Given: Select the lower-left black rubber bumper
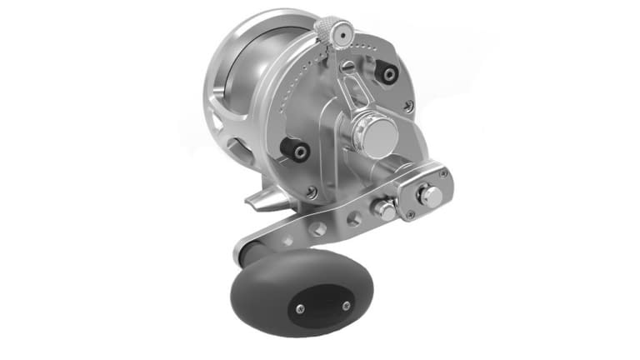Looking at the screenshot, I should pos(296,151).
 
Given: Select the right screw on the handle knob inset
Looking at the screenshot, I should pos(346,306).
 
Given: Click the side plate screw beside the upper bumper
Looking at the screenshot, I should pos(407,106).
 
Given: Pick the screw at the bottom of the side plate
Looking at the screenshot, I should pos(312,192).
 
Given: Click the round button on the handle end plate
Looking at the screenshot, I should pos(431,196).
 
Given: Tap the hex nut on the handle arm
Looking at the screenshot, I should pos(385,209).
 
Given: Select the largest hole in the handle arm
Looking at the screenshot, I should pos(353,219).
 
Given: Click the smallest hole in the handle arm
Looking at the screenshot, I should pos(287,240).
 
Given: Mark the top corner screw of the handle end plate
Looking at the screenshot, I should pos(443,173).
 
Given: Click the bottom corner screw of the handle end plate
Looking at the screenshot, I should pos(411,214).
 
